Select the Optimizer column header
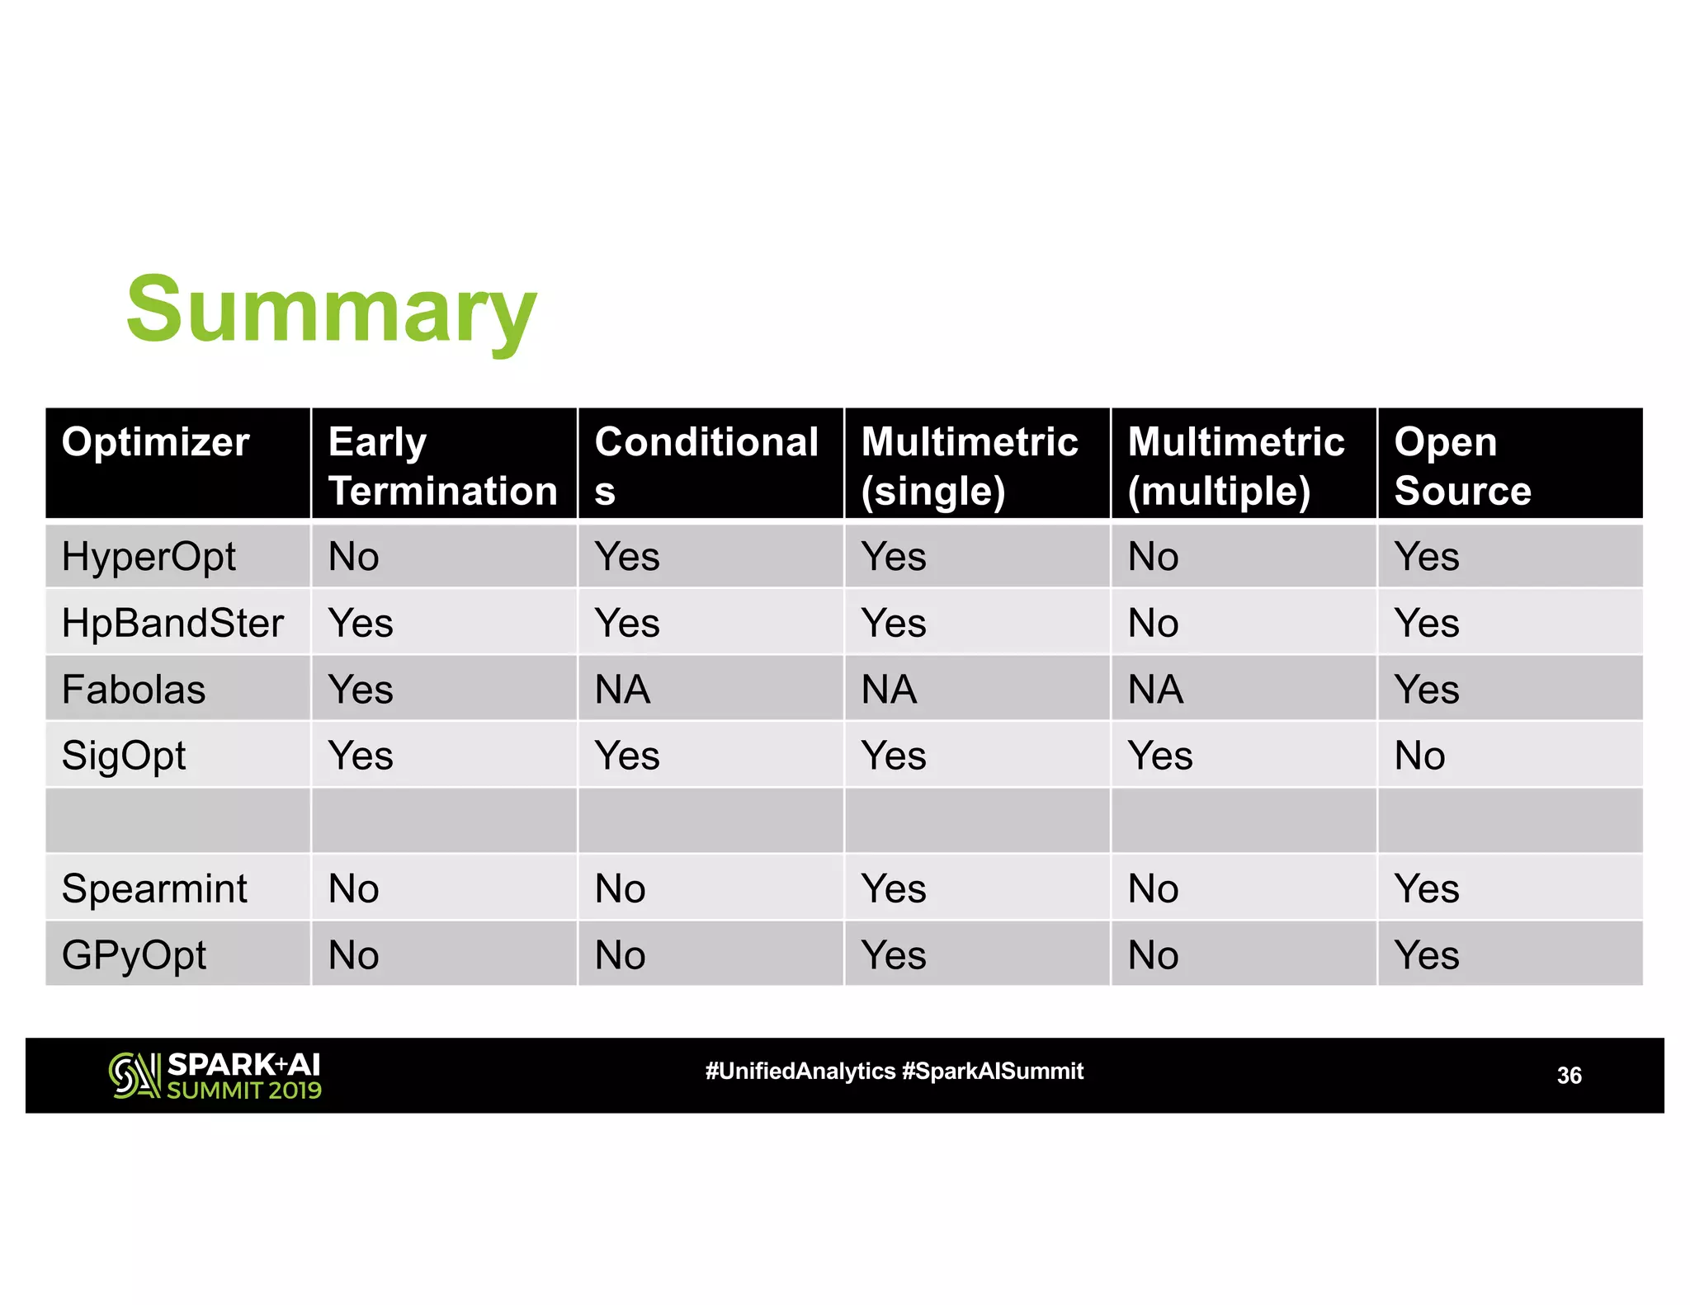(x=155, y=442)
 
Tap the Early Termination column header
(x=442, y=466)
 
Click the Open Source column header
(x=1462, y=466)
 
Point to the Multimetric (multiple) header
(x=1235, y=466)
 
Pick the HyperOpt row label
(x=149, y=557)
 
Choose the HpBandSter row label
(x=172, y=623)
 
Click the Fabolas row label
(x=134, y=690)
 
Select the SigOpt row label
(x=124, y=756)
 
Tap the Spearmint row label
(x=154, y=889)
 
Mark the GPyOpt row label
(x=134, y=956)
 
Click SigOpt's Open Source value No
(x=1419, y=756)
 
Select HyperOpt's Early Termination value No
(x=353, y=557)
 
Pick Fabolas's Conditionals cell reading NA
(x=622, y=690)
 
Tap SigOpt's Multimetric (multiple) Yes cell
(x=1159, y=756)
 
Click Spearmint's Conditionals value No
(x=620, y=889)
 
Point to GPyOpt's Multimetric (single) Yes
(x=893, y=956)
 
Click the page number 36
(x=1569, y=1076)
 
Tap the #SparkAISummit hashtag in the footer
(x=993, y=1072)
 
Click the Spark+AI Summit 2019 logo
(x=215, y=1076)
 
